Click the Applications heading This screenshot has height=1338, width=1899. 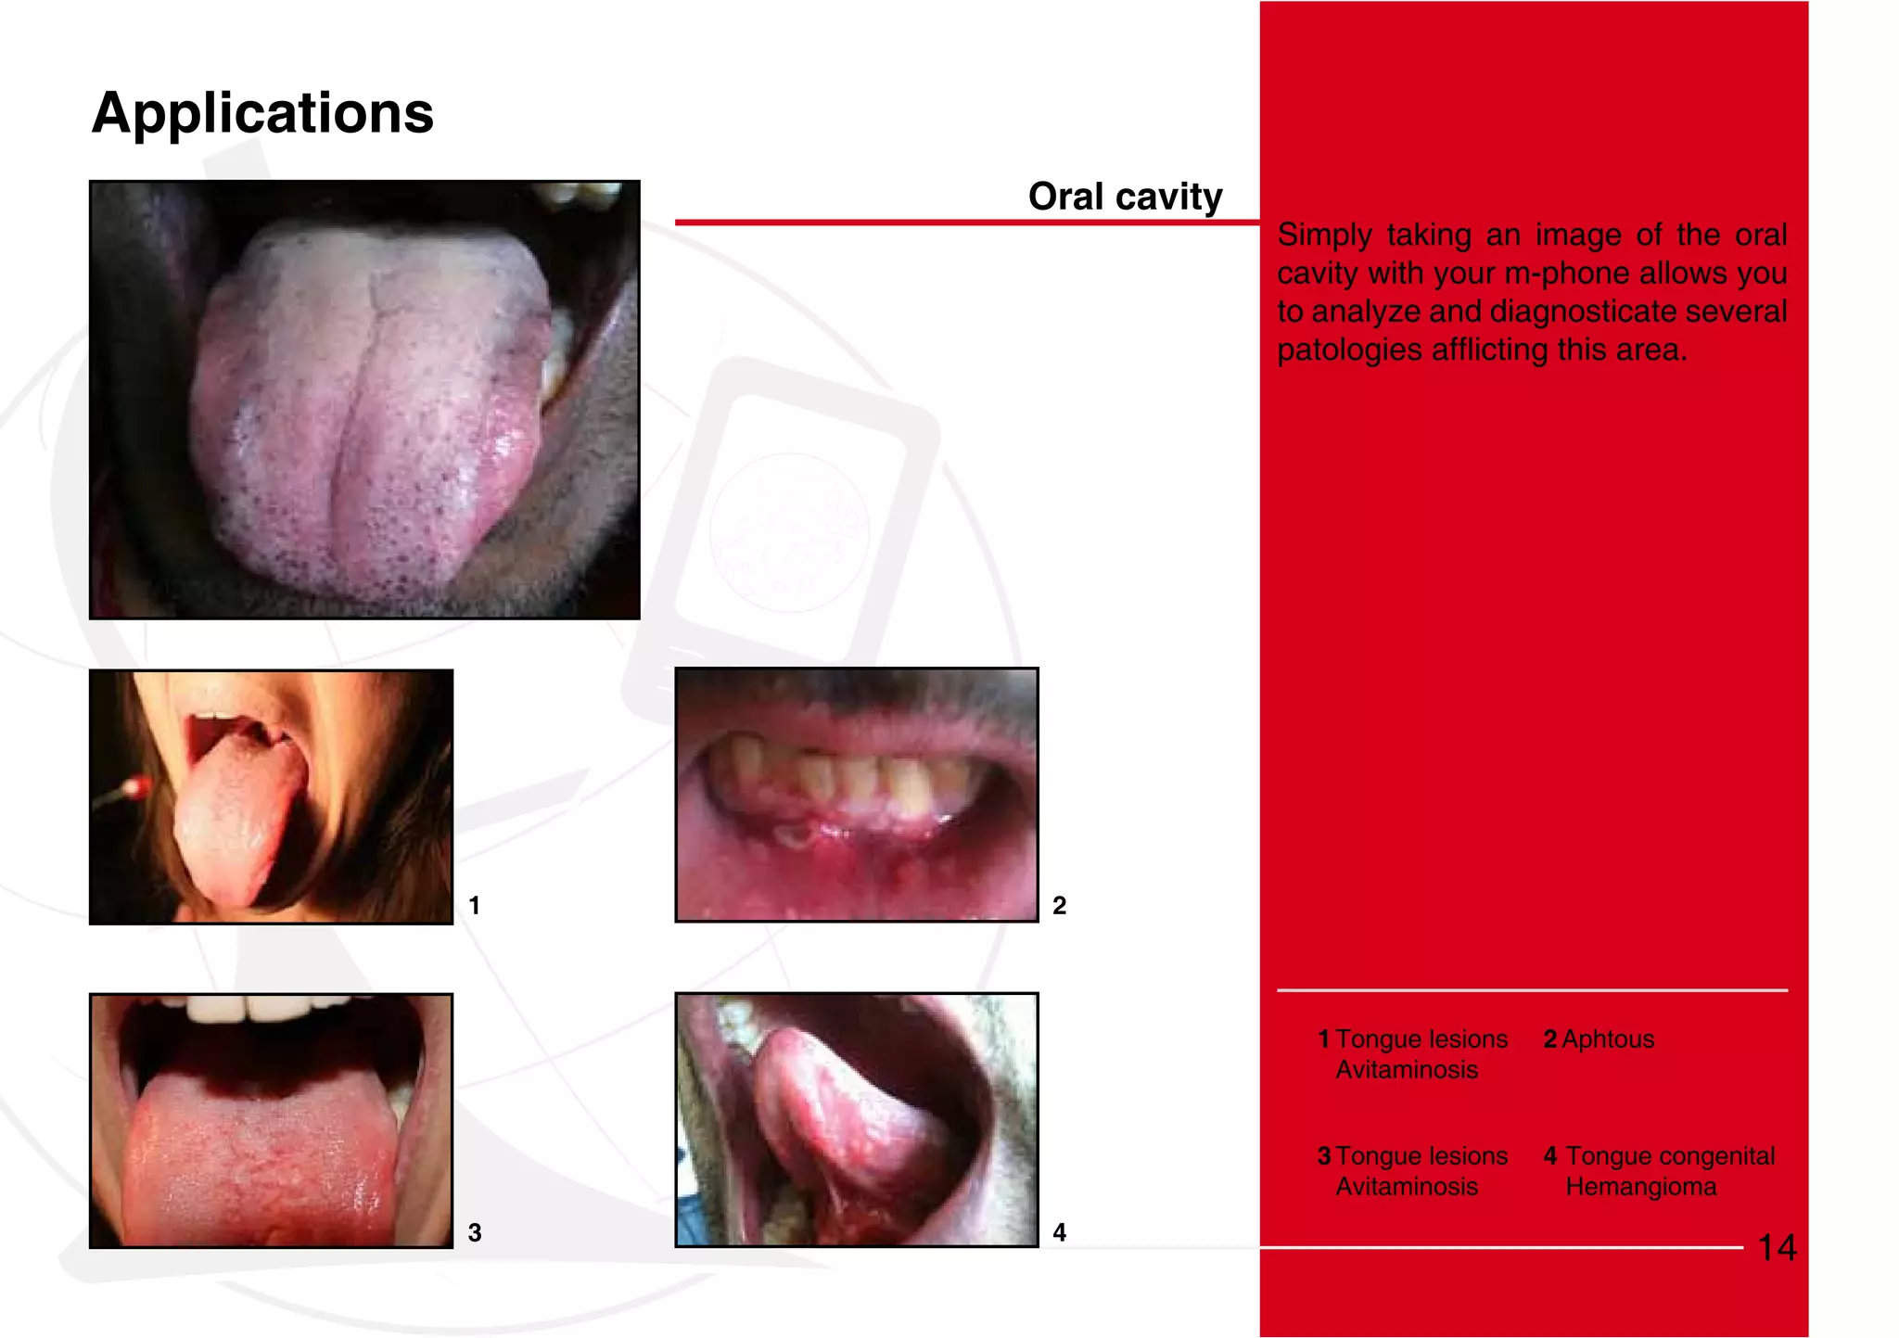[x=262, y=113]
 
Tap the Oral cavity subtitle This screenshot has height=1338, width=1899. [x=1125, y=197]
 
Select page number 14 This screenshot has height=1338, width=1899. [x=1777, y=1248]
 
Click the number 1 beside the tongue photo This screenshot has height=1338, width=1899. [x=474, y=905]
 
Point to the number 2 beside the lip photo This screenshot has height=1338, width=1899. [x=1059, y=905]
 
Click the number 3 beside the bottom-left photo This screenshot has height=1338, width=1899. [x=474, y=1232]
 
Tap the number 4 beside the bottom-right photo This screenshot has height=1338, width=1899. [x=1059, y=1232]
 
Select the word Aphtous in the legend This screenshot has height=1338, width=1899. [x=1608, y=1039]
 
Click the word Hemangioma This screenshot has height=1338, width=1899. [x=1641, y=1187]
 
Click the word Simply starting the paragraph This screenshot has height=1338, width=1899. [x=1324, y=236]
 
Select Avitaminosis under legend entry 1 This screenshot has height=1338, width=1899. [x=1407, y=1070]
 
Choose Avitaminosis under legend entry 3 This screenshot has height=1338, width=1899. [x=1407, y=1187]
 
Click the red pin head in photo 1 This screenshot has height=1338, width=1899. [x=136, y=787]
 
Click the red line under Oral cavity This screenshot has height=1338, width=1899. [x=964, y=223]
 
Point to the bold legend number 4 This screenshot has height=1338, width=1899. [x=1550, y=1156]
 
